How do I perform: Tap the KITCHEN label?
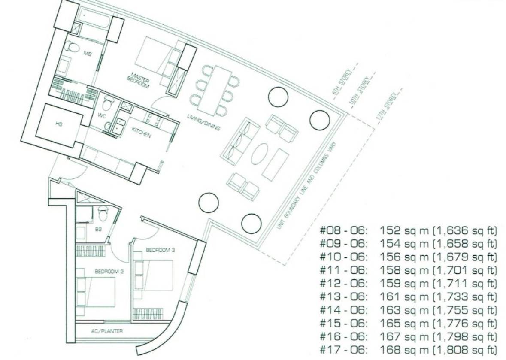tap(141, 132)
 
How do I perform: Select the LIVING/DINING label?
tap(203, 123)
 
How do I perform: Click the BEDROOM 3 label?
tap(161, 250)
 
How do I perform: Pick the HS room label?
tap(59, 124)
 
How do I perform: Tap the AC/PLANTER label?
tap(107, 331)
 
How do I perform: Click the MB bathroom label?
tap(88, 54)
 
